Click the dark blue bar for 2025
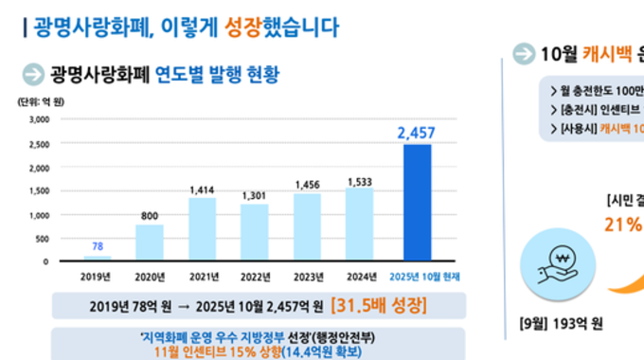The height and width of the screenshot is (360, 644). click(417, 203)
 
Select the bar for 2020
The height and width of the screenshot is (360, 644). click(149, 243)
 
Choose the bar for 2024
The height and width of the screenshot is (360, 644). click(359, 225)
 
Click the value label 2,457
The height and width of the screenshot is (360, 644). click(417, 133)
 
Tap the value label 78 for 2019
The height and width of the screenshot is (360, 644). click(97, 246)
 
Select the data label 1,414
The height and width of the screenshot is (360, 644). click(202, 190)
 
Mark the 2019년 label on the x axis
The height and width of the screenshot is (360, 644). click(97, 276)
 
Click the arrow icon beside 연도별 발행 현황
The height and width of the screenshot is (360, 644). click(33, 74)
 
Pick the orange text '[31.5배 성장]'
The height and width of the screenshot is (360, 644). click(377, 305)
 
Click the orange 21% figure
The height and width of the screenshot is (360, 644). click(622, 225)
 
